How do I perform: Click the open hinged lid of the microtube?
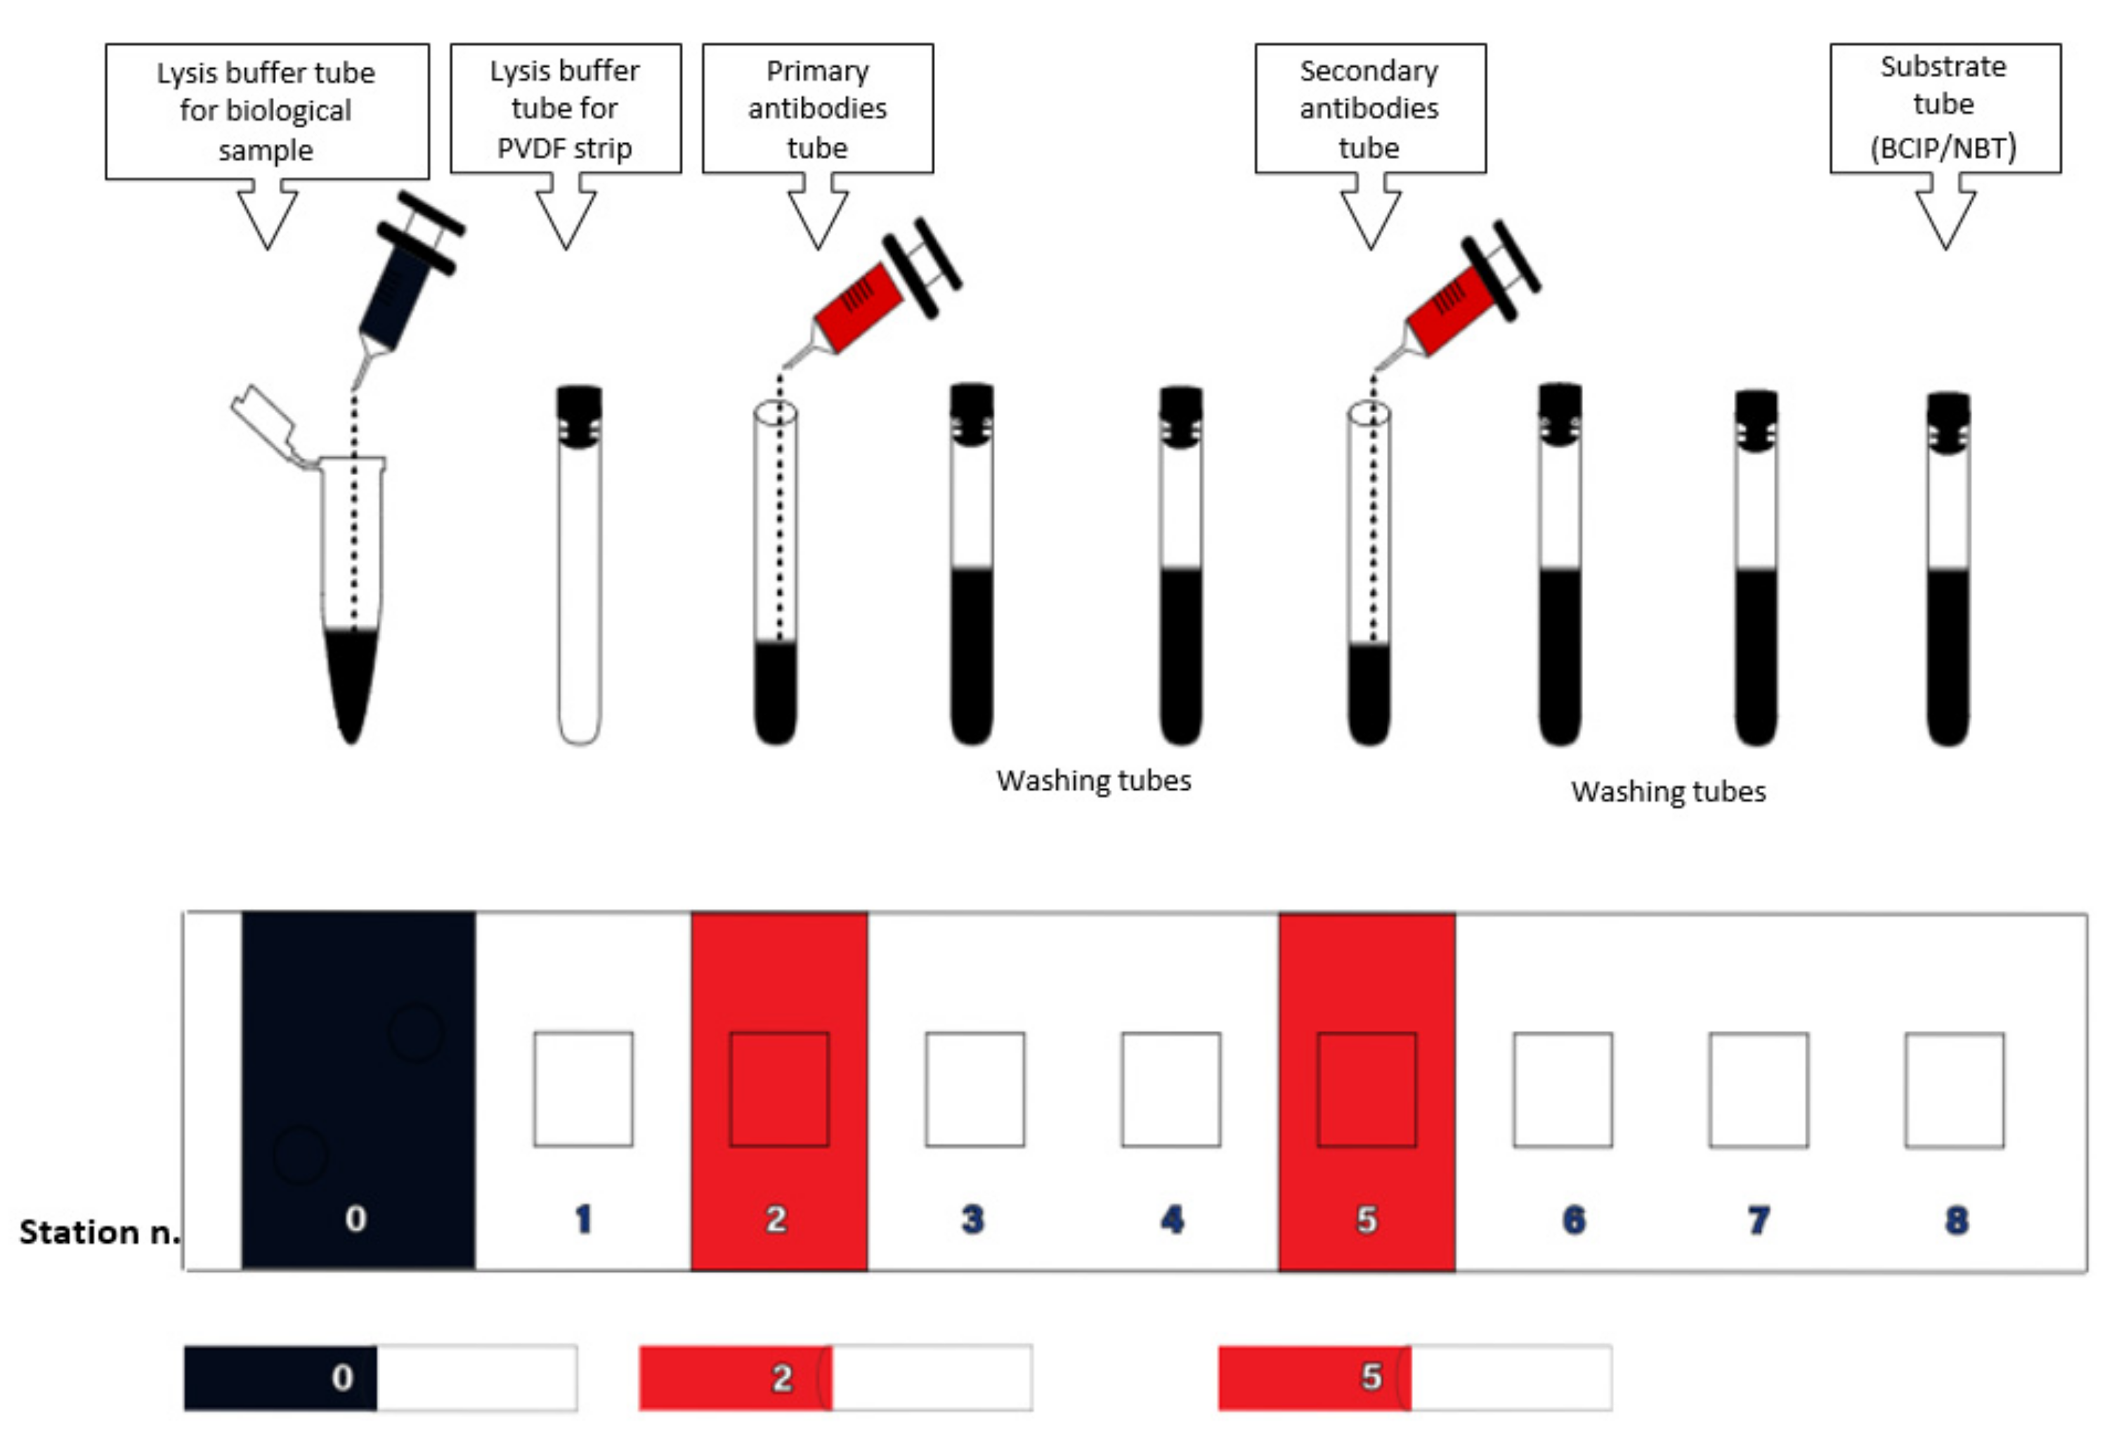point(264,424)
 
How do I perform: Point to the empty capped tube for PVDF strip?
point(579,584)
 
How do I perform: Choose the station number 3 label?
point(973,1219)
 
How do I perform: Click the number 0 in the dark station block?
point(356,1218)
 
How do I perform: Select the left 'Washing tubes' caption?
point(1093,781)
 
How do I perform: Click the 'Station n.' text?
point(98,1232)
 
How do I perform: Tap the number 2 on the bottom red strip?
point(781,1377)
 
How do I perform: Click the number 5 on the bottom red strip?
point(1371,1376)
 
